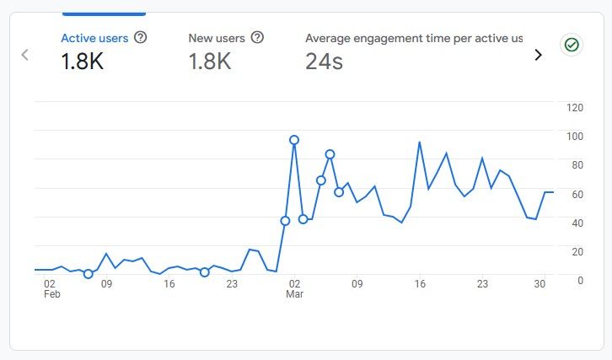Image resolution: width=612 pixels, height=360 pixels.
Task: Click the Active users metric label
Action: (94, 38)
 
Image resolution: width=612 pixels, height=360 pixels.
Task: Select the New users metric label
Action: (217, 38)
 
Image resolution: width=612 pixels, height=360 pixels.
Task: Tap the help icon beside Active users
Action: (141, 38)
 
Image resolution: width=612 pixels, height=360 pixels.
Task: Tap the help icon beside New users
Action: (257, 38)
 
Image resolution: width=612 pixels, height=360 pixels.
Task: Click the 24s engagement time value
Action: (324, 62)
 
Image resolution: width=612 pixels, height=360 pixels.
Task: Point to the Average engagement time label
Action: (413, 38)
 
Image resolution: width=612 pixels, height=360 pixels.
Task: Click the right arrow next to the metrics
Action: (539, 55)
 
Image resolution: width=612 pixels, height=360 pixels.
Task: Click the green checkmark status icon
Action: (572, 45)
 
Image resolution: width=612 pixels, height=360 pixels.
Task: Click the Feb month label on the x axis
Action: (51, 295)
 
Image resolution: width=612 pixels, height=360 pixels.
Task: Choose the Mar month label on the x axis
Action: (294, 295)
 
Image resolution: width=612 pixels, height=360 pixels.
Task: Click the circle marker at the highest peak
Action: (294, 140)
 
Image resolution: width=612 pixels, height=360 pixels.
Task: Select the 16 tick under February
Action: (169, 284)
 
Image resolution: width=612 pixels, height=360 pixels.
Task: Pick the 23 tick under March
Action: (482, 284)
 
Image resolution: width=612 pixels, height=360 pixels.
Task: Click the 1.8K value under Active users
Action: (82, 62)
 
